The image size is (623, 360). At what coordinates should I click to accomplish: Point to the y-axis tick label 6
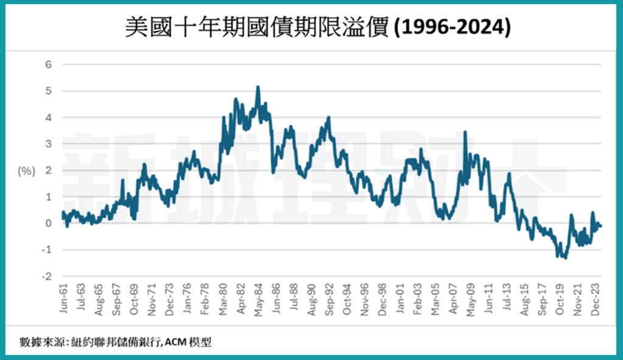point(49,64)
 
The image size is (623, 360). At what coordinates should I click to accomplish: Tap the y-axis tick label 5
point(49,91)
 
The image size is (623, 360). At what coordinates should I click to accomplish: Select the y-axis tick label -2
point(47,277)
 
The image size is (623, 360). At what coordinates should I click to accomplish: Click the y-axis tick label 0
point(49,224)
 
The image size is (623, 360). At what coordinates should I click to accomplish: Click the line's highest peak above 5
point(258,88)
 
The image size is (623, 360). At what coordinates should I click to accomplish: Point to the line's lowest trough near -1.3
point(565,258)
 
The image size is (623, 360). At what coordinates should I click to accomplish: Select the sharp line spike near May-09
point(465,133)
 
